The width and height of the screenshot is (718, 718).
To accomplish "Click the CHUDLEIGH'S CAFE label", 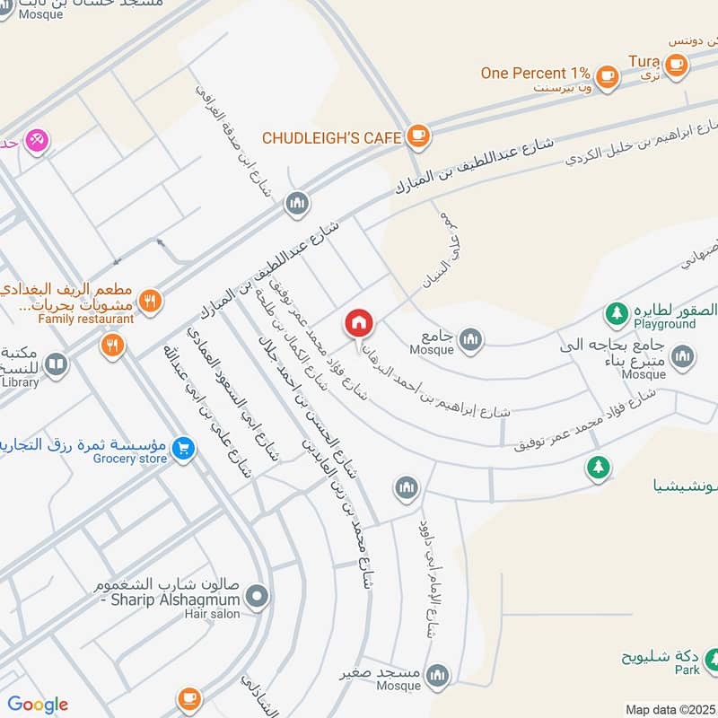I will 332,137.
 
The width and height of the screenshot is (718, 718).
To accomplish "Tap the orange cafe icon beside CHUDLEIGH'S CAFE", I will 417,136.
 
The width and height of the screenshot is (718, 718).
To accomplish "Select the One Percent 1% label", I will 535,74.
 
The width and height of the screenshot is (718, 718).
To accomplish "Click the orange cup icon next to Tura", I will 676,63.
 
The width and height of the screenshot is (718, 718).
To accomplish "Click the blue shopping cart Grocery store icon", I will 183,446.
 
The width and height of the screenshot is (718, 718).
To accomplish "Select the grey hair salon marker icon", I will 258,595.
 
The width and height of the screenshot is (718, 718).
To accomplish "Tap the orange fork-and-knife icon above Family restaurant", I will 151,302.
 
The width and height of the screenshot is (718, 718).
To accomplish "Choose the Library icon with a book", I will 56,365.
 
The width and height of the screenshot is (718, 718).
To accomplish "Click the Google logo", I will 38,705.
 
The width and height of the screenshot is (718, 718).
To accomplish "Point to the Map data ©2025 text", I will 670,709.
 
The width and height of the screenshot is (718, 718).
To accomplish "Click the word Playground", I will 664,324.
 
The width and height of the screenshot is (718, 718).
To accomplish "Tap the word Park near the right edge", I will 687,670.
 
